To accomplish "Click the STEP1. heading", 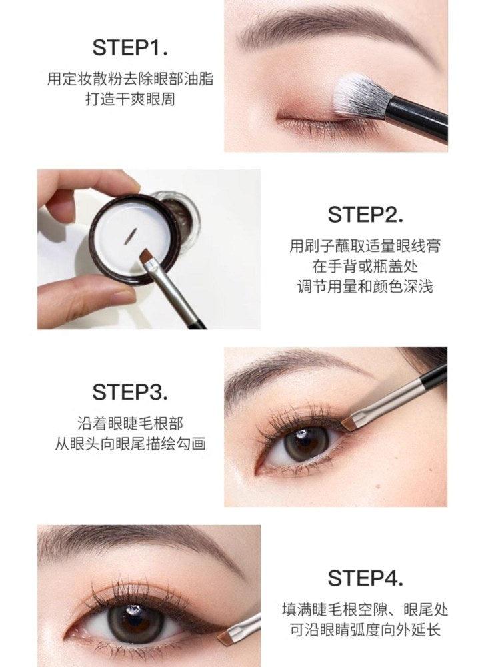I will pos(130,47).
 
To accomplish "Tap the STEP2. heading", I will pos(365,215).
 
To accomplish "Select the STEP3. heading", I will pos(130,392).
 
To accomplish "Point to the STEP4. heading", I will pos(365,577).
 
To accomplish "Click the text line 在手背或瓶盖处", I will pos(365,266).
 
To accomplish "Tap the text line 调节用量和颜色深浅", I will pos(365,287).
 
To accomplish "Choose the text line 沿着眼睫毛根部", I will pos(130,423).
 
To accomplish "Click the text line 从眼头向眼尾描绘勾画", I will pos(130,444).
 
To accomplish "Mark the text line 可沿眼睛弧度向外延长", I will pos(365,629).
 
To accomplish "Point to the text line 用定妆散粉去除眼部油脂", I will pos(130,79).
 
